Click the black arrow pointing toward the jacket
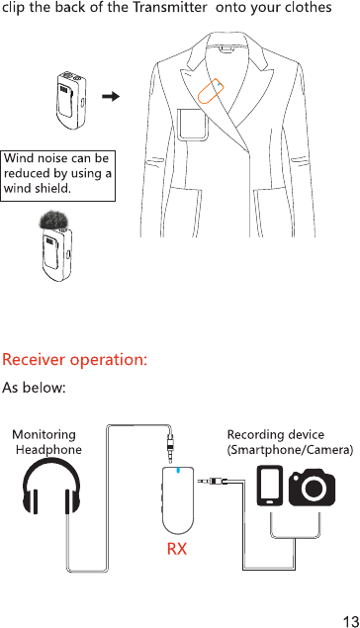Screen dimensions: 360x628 point(111,96)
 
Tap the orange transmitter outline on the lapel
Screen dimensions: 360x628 point(211,91)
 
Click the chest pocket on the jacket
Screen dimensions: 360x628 point(192,125)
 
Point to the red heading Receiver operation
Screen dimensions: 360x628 point(75,359)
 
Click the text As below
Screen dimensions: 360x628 point(34,388)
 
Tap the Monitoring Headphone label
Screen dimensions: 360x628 point(46,442)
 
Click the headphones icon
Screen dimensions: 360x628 point(51,486)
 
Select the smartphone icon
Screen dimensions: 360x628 point(270,485)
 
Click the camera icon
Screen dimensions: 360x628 point(312,488)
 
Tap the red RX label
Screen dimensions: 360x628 point(177,549)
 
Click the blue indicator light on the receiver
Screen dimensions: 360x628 point(178,470)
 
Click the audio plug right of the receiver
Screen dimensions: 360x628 point(213,480)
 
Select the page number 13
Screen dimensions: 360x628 point(351,621)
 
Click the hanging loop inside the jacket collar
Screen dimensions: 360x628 point(226,49)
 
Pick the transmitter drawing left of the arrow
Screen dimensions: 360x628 point(71,100)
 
